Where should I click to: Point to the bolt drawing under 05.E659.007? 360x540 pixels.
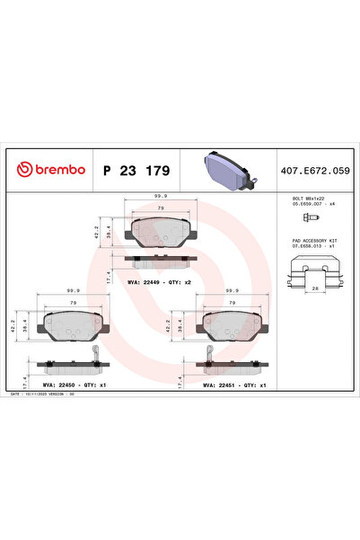click(x=309, y=217)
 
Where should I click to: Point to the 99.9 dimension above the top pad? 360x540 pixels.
click(x=161, y=194)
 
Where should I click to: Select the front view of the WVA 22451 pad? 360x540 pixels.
click(x=233, y=330)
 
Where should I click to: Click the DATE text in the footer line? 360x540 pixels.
click(x=15, y=394)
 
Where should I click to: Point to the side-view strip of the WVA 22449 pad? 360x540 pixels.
click(x=162, y=261)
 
